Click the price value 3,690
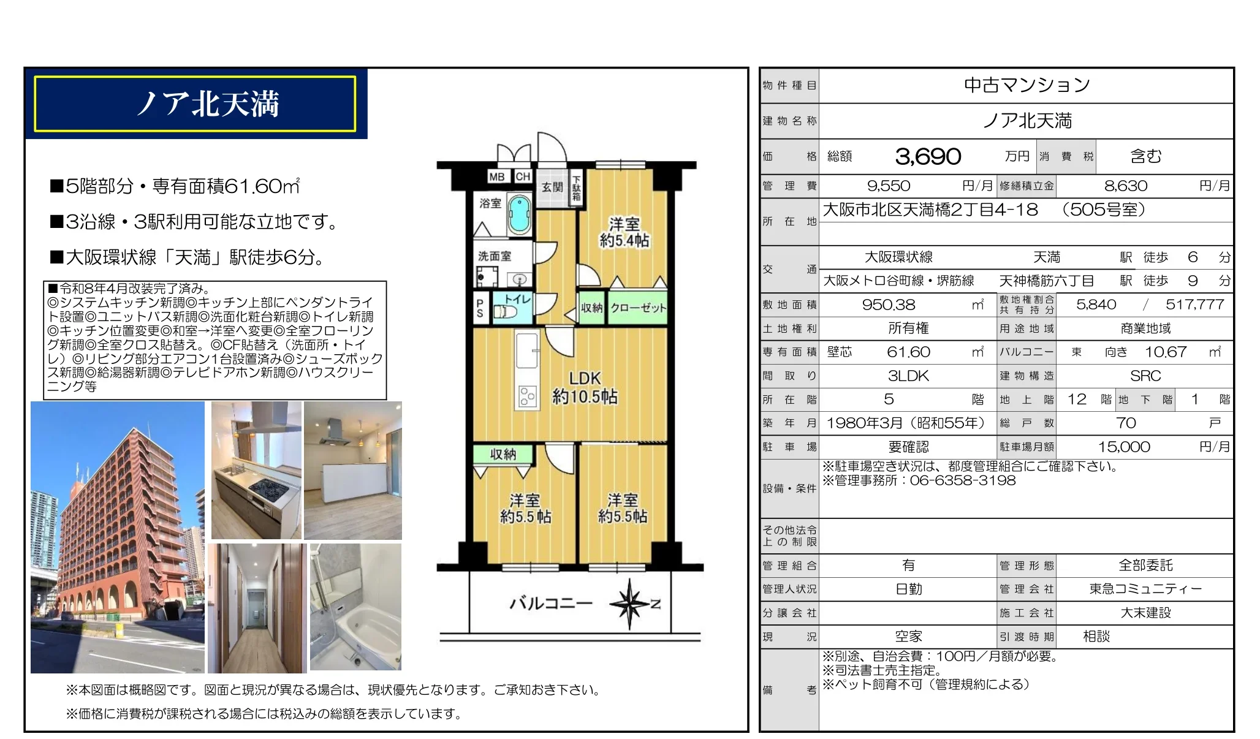coord(928,157)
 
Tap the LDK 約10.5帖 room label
coord(585,387)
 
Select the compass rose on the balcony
coord(629,604)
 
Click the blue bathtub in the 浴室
coord(519,214)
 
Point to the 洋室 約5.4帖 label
coord(624,232)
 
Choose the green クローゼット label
coord(638,308)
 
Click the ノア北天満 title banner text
coord(208,104)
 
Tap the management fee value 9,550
coord(889,186)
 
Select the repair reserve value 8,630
coord(1126,186)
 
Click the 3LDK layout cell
coord(908,376)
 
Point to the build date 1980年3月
coord(864,423)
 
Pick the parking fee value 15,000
coord(1124,447)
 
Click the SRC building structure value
coord(1145,376)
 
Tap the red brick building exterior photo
coord(118,537)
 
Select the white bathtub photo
coord(355,607)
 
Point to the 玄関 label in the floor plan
coord(552,186)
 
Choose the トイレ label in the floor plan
coord(518,298)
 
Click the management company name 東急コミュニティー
coord(1145,589)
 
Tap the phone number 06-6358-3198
coord(963,480)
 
